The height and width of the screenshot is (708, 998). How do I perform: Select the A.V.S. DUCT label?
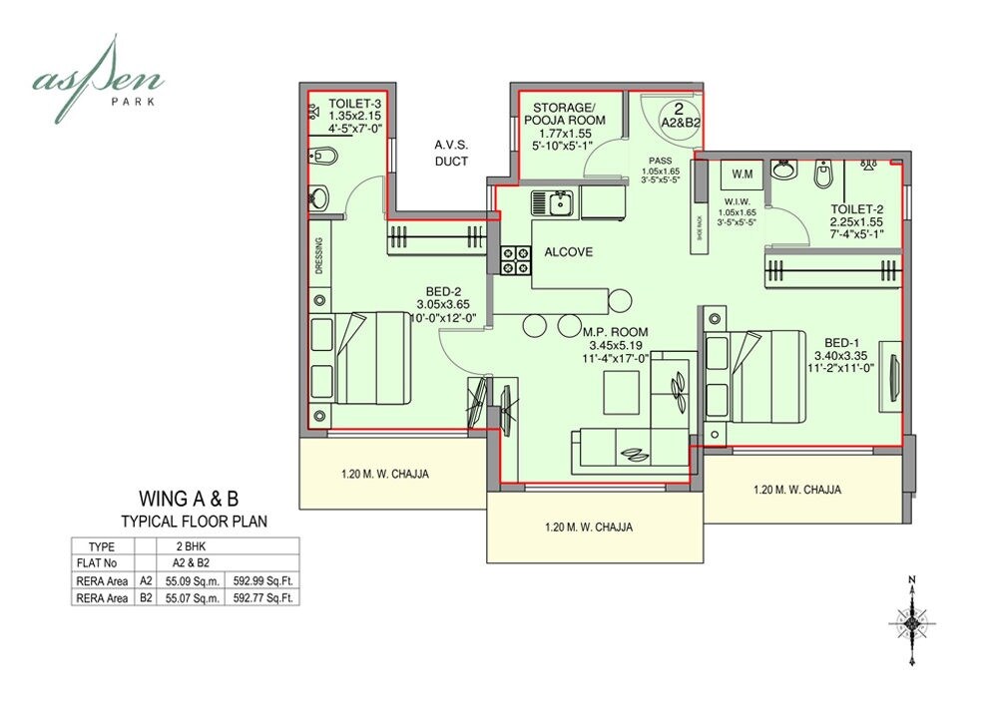click(x=451, y=153)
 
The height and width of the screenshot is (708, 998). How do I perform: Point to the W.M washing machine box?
click(x=743, y=176)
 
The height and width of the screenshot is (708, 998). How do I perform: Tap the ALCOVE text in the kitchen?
click(x=569, y=252)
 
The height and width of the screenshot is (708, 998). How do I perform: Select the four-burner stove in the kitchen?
click(x=516, y=259)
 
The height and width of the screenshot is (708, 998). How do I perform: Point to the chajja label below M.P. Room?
click(x=588, y=527)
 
